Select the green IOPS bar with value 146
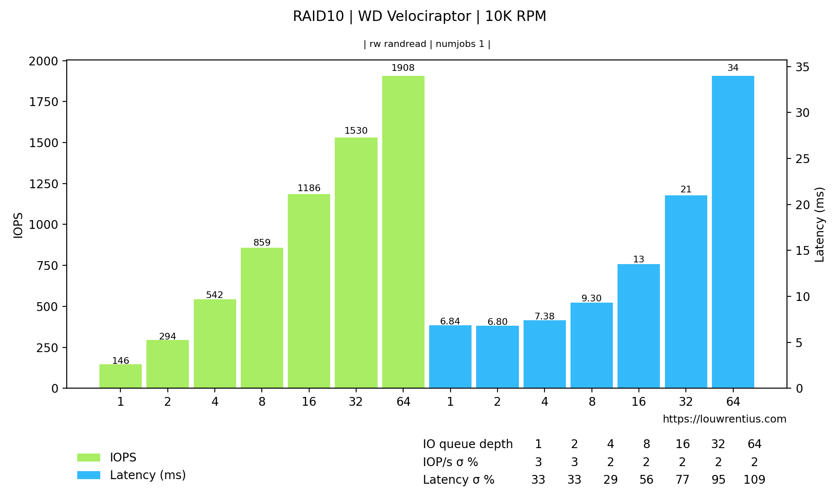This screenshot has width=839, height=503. (x=120, y=376)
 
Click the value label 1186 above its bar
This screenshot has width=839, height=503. (x=309, y=189)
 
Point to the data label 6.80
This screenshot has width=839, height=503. (x=497, y=322)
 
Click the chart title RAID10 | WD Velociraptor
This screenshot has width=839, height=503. (x=419, y=16)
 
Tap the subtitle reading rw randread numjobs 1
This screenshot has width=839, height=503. (x=427, y=44)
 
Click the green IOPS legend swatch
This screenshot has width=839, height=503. (x=89, y=457)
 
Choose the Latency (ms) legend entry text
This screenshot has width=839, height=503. (x=148, y=475)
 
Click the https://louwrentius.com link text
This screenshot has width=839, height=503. (x=724, y=419)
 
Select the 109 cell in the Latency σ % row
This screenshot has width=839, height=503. (x=754, y=480)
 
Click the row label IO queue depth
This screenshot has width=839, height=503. (x=467, y=444)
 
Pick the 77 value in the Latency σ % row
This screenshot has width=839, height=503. (x=683, y=480)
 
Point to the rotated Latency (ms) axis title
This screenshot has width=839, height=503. (x=819, y=225)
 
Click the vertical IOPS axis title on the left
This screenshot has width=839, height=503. (x=18, y=225)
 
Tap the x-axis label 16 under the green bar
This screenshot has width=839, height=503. (x=309, y=402)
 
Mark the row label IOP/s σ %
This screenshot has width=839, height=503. (x=450, y=462)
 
